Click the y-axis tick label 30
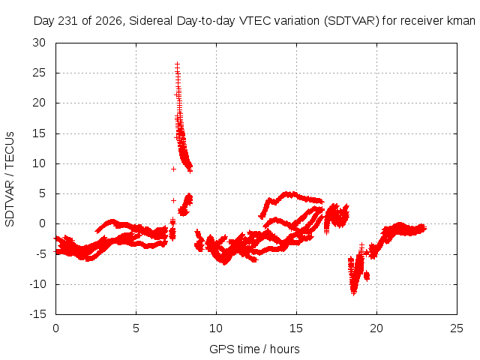click(39, 43)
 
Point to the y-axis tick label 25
click(39, 73)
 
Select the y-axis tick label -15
click(37, 314)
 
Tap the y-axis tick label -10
click(37, 284)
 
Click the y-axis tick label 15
click(39, 133)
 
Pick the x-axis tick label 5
click(136, 328)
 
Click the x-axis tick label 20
click(376, 328)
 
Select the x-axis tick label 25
click(457, 328)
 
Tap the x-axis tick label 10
click(216, 328)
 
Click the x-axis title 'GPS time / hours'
click(254, 349)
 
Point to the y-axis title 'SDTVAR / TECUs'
click(10, 179)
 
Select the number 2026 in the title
click(109, 21)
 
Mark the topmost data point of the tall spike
click(177, 64)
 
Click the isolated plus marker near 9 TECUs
click(173, 169)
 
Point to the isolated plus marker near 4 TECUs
click(173, 200)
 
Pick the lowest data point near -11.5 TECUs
click(354, 293)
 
